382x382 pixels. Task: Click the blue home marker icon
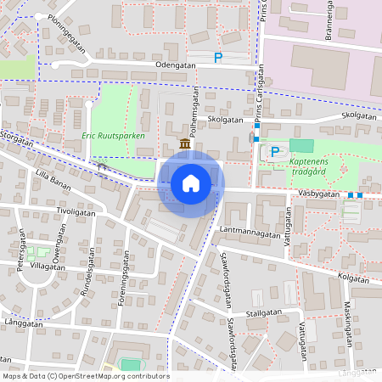[191, 183]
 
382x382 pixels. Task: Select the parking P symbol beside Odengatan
[218, 58]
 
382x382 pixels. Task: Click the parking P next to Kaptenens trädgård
[274, 152]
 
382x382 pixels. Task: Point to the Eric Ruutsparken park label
[113, 136]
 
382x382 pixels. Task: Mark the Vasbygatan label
[319, 194]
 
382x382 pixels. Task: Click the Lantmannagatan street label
[250, 231]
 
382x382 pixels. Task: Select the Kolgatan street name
[352, 276]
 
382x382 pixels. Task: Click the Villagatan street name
[48, 266]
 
